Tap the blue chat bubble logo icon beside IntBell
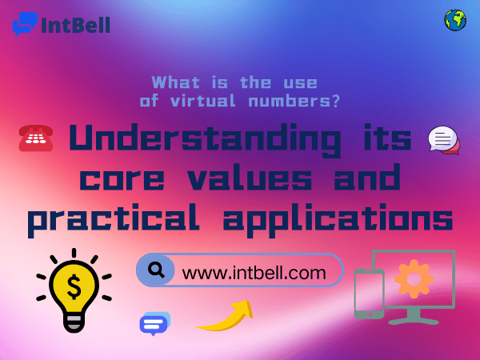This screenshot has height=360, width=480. [x=25, y=24]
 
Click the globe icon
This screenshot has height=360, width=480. [x=455, y=21]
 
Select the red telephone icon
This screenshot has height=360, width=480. [x=36, y=138]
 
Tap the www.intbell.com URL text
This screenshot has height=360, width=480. [x=254, y=272]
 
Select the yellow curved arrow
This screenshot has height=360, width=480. [x=226, y=317]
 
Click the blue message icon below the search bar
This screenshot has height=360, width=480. [x=154, y=323]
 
